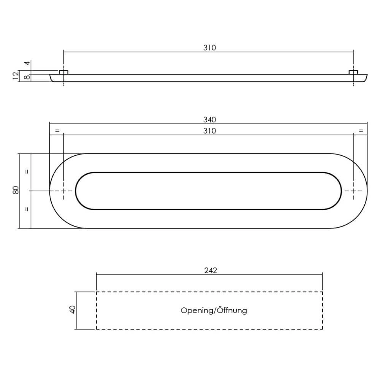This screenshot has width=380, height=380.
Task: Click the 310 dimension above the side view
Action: point(209,48)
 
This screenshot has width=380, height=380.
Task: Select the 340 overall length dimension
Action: point(209,120)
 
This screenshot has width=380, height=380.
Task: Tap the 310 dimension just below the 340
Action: point(209,131)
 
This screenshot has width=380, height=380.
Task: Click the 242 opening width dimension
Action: point(210,270)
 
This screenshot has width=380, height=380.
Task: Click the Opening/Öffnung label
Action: point(214,311)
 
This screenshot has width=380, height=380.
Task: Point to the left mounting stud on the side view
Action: point(63,72)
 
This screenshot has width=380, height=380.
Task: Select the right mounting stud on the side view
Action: point(353,72)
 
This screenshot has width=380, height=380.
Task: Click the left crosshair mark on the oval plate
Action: point(63,191)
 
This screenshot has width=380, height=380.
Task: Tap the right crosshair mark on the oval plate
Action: point(353,191)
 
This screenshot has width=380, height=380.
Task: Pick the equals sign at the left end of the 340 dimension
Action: point(57,131)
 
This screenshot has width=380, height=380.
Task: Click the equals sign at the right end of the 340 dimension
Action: point(360,131)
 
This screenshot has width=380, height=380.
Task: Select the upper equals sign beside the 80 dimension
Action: point(27,171)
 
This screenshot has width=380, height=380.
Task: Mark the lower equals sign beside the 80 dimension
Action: point(27,209)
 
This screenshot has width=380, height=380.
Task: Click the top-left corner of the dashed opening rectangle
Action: point(97,292)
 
